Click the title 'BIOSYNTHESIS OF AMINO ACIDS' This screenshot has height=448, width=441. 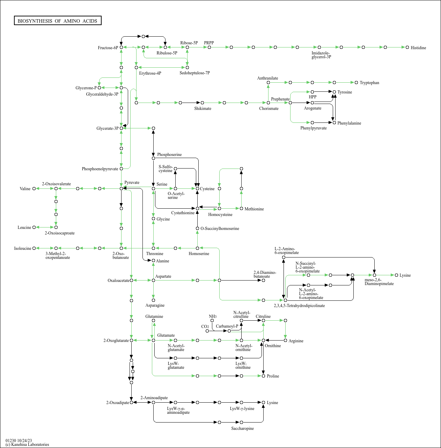click(x=58, y=21)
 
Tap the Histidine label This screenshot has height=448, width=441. click(x=418, y=48)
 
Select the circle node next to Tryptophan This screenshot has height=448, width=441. click(x=357, y=82)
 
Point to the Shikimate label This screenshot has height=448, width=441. click(x=203, y=109)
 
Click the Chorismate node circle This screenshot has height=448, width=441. click(x=268, y=103)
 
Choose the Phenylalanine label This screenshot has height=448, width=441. click(x=349, y=123)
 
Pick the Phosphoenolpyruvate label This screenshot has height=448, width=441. click(x=100, y=169)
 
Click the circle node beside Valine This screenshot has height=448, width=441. click(x=34, y=188)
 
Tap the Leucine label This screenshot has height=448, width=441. click(x=24, y=227)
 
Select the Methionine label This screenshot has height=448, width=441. click(x=254, y=209)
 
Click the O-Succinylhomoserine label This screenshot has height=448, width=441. click(x=220, y=229)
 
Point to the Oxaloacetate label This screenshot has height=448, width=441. click(x=118, y=281)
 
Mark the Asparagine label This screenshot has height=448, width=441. click(x=155, y=305)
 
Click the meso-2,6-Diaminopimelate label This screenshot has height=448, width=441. click(x=379, y=282)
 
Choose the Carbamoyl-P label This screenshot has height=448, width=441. click(x=227, y=326)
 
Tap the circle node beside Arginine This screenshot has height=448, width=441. click(x=285, y=340)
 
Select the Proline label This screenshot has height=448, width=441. click(x=273, y=376)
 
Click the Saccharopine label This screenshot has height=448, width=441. click(x=242, y=428)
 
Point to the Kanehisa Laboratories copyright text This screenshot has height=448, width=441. click(x=27, y=445)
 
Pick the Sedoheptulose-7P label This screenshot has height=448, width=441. click(x=194, y=73)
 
